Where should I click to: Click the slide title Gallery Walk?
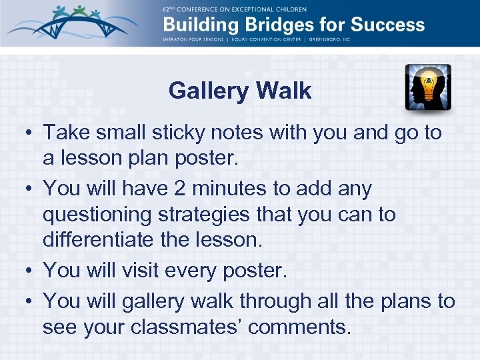[x=240, y=91]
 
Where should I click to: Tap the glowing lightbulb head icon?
[x=428, y=87]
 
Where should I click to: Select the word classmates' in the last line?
[x=203, y=328]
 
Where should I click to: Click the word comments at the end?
[x=310, y=328]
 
